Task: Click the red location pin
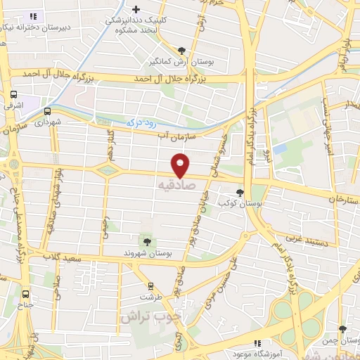[x=181, y=165]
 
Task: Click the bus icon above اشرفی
[x=13, y=94]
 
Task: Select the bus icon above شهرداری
[x=47, y=110]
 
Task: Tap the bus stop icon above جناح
[x=26, y=295]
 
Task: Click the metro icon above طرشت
[x=150, y=285]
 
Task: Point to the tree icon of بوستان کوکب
[x=240, y=193]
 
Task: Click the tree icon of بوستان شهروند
[x=146, y=242]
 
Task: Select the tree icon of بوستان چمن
[x=342, y=328]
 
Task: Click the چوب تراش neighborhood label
[x=150, y=317]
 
